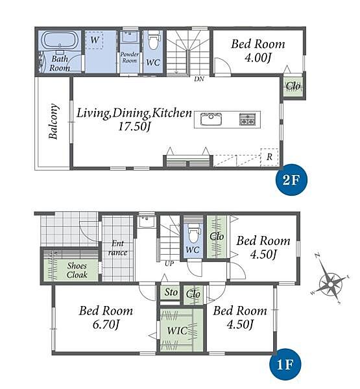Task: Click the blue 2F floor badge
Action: click(x=291, y=180)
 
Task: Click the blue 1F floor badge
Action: click(x=285, y=364)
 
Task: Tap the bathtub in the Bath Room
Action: click(x=59, y=41)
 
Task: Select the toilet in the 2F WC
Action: click(x=152, y=41)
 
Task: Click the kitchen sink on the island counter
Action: click(x=211, y=119)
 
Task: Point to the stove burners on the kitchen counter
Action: click(x=247, y=119)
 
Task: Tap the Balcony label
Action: click(x=54, y=121)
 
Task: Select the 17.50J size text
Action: click(x=134, y=127)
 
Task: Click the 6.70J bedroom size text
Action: click(x=106, y=324)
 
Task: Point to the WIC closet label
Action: click(x=177, y=331)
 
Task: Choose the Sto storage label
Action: click(x=171, y=292)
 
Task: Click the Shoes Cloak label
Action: click(x=77, y=270)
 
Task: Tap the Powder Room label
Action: click(x=129, y=57)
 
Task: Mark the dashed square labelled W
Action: click(x=94, y=40)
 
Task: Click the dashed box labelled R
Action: click(x=269, y=157)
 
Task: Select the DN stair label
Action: click(x=199, y=79)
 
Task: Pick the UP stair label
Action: click(x=169, y=263)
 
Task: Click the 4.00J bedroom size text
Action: click(x=258, y=58)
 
